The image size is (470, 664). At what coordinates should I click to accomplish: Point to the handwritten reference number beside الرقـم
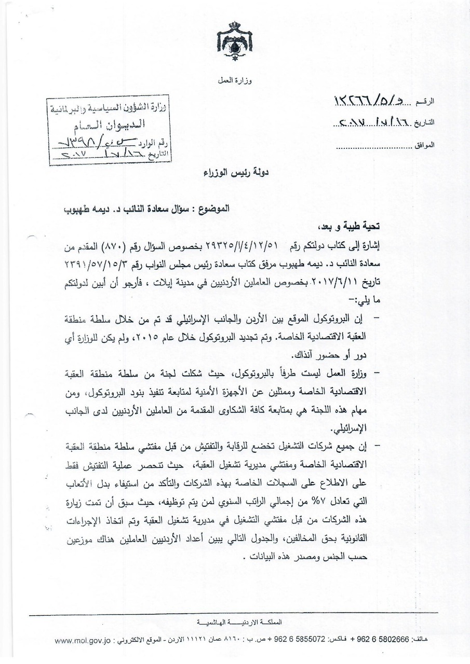(x=367, y=100)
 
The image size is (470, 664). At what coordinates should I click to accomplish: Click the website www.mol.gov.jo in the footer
(x=83, y=641)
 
